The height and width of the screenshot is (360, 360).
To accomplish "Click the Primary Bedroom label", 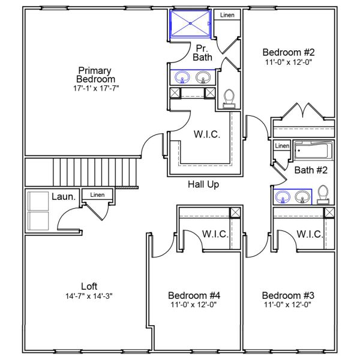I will point(95,74).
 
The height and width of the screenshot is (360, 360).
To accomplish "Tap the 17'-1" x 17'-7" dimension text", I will point(95,88).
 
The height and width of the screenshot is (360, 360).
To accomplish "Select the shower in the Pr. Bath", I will point(191,23).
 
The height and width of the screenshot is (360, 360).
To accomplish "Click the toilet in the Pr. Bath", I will point(229,98).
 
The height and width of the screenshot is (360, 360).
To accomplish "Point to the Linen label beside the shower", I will point(227,15).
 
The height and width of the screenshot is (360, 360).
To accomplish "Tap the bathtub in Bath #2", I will point(312,149).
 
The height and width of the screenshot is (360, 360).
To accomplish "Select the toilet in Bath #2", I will point(323,194).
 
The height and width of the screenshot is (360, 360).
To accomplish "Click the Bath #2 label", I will point(311,170).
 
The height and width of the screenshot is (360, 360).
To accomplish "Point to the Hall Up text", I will point(203,185).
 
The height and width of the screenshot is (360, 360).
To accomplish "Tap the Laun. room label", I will point(63,196).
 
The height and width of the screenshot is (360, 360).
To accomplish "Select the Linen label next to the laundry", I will point(97,195).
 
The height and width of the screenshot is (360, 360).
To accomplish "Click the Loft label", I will point(89,286).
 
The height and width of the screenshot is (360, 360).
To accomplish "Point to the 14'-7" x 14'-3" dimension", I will point(89,296).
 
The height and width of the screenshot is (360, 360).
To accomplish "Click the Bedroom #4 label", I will point(194,295).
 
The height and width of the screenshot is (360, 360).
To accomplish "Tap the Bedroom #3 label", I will point(288,295).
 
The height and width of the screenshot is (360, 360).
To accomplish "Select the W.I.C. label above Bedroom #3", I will point(310,233).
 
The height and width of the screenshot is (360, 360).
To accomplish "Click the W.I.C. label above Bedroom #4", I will point(215,233).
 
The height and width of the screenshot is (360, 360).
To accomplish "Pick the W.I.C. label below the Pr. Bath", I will point(207,134).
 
